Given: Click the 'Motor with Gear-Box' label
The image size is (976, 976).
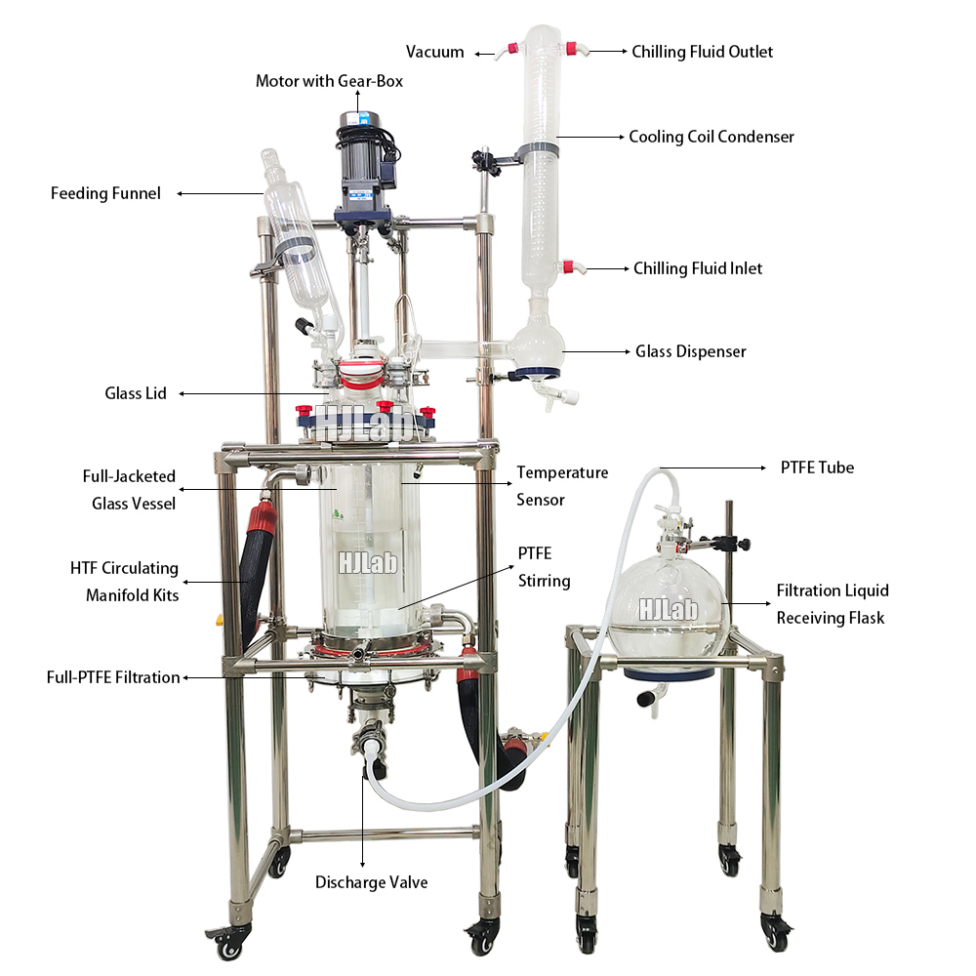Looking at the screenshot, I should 329,81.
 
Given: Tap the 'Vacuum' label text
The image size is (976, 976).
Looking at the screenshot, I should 435,52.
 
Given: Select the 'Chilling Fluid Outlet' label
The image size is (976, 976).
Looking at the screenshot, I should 702,52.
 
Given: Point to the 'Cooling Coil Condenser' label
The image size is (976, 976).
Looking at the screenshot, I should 711,137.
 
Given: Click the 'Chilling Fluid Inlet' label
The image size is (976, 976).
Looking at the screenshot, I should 698,268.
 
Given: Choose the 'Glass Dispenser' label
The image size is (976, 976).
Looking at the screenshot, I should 690,350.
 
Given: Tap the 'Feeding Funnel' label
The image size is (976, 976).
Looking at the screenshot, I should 105,193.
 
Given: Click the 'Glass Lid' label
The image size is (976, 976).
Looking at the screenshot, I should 136,393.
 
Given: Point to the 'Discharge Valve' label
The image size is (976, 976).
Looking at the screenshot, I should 371,882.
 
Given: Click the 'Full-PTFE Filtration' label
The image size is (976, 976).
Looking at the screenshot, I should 113,677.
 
